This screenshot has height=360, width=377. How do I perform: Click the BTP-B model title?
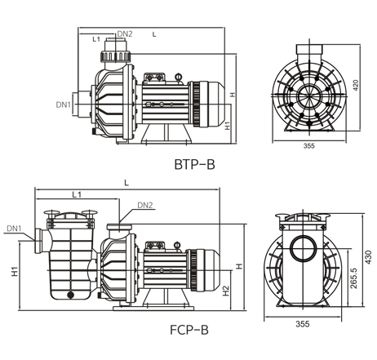click(x=194, y=164)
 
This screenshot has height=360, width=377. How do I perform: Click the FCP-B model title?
click(x=189, y=330)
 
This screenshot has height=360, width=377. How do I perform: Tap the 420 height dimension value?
click(x=356, y=85)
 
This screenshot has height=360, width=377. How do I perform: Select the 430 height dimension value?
click(x=368, y=257)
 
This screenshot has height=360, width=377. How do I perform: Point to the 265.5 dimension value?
click(x=353, y=278)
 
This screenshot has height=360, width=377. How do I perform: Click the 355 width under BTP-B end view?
click(x=309, y=146)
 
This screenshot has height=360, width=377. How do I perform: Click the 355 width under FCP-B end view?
click(x=303, y=324)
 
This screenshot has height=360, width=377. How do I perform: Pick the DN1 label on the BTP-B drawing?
click(x=64, y=104)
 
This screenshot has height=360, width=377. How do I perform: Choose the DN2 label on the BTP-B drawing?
click(x=125, y=34)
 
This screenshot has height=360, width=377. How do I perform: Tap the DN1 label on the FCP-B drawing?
click(x=14, y=229)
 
